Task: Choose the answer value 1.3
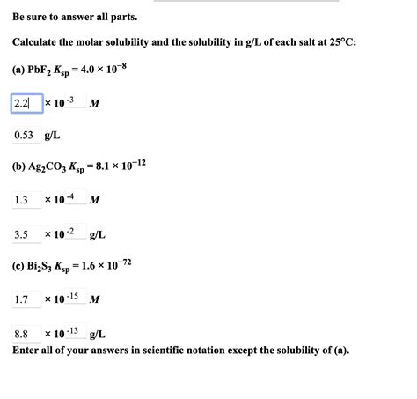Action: (21, 200)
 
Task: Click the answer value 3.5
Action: (21, 234)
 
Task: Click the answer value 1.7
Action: (21, 300)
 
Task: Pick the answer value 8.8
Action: (21, 334)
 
